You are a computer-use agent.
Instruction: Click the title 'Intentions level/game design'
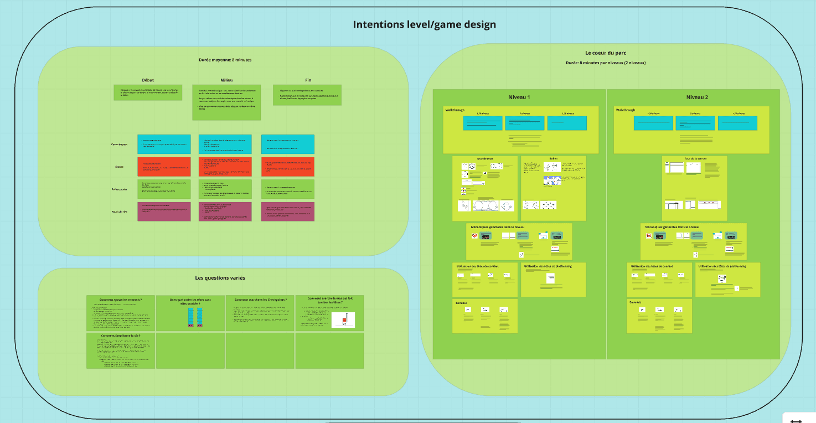(x=425, y=24)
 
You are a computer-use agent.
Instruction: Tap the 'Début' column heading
(x=148, y=80)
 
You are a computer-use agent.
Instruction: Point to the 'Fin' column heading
(x=308, y=80)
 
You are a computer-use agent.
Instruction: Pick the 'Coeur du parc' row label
(x=119, y=145)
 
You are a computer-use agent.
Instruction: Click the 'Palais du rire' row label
(x=119, y=211)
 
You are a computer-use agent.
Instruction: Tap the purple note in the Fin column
(x=287, y=211)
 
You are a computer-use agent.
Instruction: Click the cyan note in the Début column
(x=163, y=145)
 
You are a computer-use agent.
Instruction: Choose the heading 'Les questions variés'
(x=220, y=278)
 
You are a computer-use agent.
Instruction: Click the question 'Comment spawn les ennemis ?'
(x=121, y=300)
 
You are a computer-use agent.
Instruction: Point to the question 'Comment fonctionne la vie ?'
(x=121, y=336)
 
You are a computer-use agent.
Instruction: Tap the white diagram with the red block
(x=343, y=319)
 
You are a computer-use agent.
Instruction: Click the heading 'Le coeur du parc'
(x=606, y=53)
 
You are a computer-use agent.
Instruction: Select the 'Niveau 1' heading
(x=519, y=97)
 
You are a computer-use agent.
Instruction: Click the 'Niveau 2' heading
(x=697, y=97)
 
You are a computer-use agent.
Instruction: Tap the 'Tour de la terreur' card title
(x=694, y=159)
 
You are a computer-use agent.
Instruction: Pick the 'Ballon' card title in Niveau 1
(x=553, y=159)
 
